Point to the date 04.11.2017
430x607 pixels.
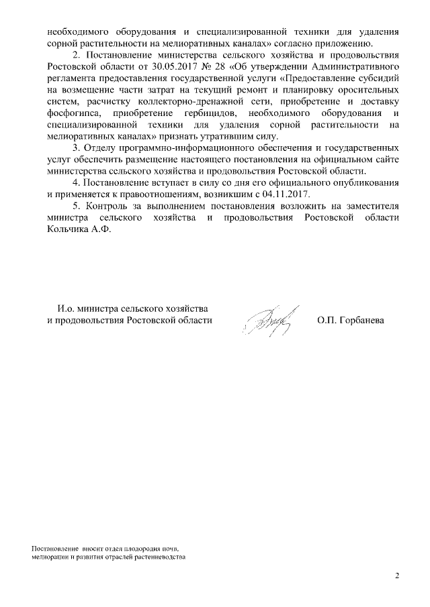click(x=288, y=195)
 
